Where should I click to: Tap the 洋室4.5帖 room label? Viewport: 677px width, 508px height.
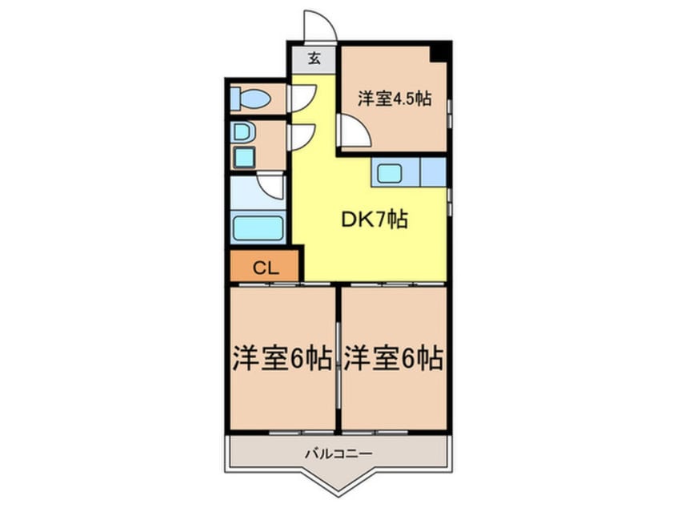[395, 99]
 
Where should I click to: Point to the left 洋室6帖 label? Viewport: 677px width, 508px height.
[282, 358]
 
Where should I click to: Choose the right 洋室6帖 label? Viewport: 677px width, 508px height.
[394, 358]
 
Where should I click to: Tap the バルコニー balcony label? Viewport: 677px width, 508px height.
[337, 454]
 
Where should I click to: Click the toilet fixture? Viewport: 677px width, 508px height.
[250, 99]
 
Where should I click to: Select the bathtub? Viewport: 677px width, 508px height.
[258, 228]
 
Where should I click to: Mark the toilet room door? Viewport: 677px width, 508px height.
[302, 98]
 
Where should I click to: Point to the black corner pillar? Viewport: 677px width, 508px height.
[439, 52]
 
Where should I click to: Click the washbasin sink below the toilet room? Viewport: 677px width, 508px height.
[242, 131]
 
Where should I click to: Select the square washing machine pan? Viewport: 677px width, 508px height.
[244, 156]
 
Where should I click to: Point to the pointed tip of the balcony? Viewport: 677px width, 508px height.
[337, 492]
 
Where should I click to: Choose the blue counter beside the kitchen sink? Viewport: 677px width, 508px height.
[433, 171]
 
